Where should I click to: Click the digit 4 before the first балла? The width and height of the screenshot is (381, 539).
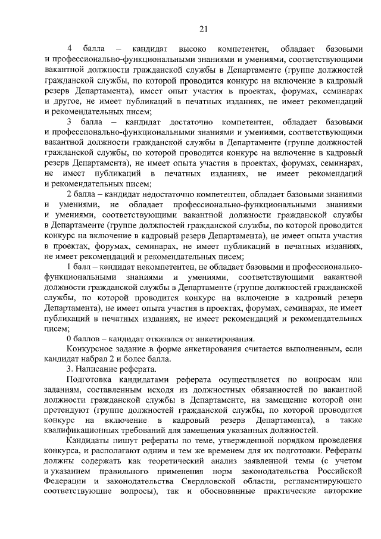pyautogui.click(x=70, y=47)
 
